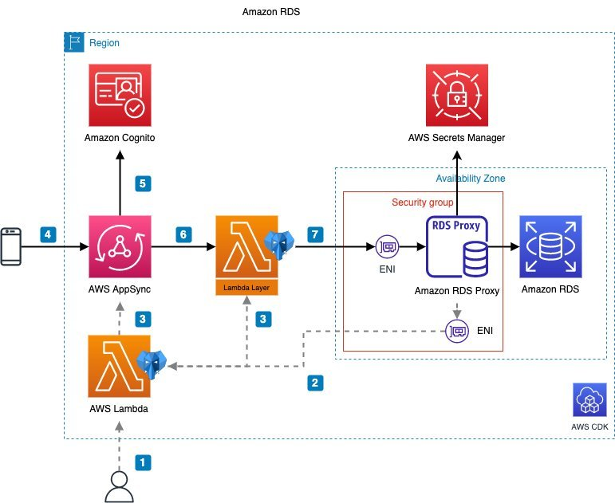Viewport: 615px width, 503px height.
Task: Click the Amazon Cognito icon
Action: pos(119,96)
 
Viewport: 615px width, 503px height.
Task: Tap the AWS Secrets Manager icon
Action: pos(457,96)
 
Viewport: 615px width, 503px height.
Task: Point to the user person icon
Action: pos(120,485)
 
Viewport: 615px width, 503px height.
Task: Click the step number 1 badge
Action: pos(143,461)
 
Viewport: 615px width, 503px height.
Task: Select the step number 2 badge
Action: pos(316,383)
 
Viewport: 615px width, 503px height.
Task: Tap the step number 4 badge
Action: pos(48,234)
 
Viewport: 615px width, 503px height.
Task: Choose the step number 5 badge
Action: pos(143,183)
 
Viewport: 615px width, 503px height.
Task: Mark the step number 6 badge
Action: pos(183,234)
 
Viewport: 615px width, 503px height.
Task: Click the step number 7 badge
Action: pos(316,234)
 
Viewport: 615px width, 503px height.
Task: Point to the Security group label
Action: pos(423,202)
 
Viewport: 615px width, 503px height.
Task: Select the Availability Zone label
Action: pos(470,179)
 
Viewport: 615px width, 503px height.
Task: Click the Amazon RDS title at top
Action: pos(270,14)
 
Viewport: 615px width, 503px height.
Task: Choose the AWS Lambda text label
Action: pos(119,408)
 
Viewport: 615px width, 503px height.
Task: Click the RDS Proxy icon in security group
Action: pos(457,247)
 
